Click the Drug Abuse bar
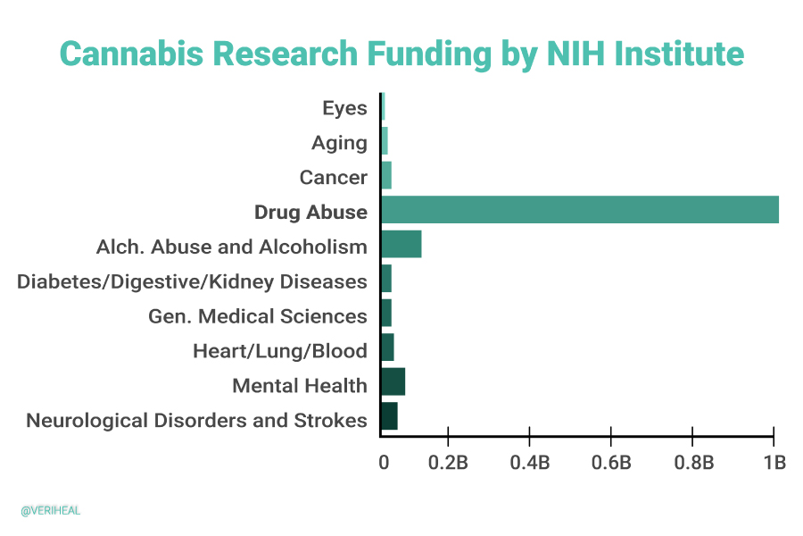[580, 210]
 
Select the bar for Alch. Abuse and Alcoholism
[401, 245]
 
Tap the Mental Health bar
[393, 382]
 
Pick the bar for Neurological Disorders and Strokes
[390, 416]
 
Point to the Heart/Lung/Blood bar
[388, 348]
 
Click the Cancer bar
[386, 176]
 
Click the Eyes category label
[344, 108]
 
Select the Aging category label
[339, 143]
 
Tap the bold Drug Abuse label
[310, 212]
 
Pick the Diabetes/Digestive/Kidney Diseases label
[192, 281]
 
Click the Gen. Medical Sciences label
[257, 316]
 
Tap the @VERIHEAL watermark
[51, 511]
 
